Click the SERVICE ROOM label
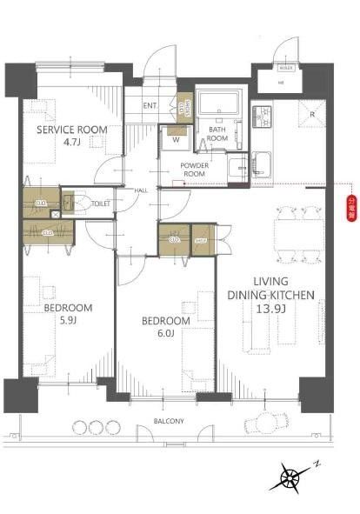coord(72,130)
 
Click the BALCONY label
coord(169,421)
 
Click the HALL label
coord(141,190)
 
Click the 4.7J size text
coord(72,144)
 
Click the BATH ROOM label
coord(217,134)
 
